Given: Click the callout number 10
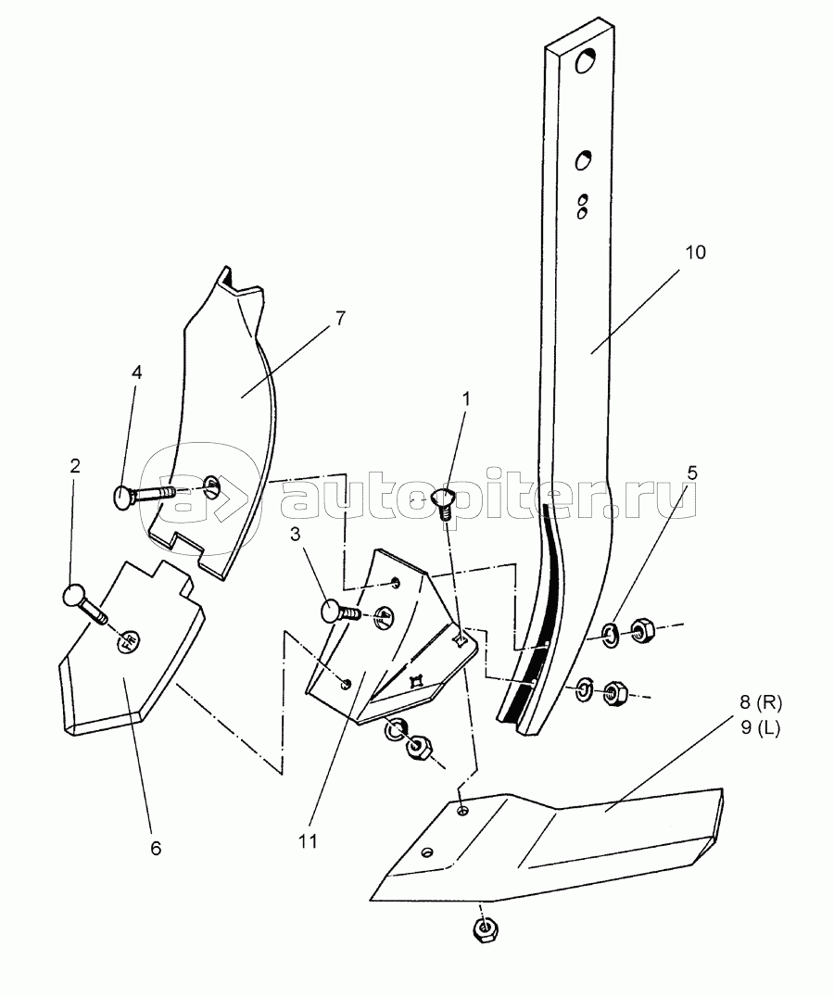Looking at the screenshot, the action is [x=695, y=252].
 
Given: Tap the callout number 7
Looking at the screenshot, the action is [x=340, y=319].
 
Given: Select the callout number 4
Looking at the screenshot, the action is [x=136, y=372].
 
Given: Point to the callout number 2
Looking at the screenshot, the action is [x=75, y=466].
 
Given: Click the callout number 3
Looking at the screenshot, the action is [x=295, y=535].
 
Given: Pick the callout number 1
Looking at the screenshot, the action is [x=466, y=399].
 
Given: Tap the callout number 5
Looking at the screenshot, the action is [x=692, y=473].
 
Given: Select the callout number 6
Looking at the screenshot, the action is [x=156, y=848].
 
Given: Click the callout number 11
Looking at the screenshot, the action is [x=308, y=841].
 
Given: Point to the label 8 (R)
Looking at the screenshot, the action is [x=760, y=704].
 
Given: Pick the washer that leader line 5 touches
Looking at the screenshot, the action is [x=611, y=636].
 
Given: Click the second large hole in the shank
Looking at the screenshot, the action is [x=583, y=160].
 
